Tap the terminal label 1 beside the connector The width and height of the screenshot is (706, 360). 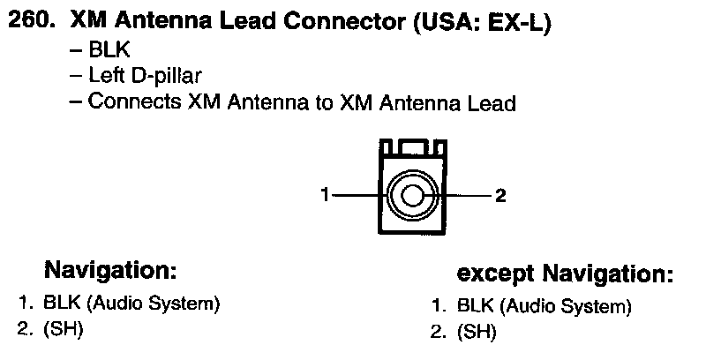(x=326, y=195)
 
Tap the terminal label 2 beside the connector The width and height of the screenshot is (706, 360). (x=500, y=195)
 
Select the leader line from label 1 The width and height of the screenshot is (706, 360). (x=357, y=195)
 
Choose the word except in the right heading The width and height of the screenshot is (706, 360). (x=496, y=273)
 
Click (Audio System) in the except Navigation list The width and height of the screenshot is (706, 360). (x=565, y=306)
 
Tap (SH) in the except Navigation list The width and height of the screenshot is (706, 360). (x=477, y=333)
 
